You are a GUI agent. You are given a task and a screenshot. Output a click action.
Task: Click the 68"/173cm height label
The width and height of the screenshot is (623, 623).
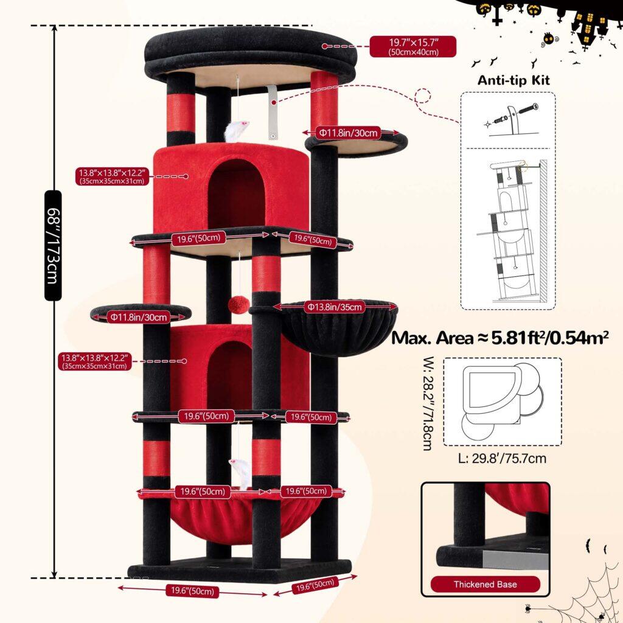coord(54,245)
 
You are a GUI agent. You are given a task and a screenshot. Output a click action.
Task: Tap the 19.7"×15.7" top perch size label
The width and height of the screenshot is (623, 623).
coord(413,46)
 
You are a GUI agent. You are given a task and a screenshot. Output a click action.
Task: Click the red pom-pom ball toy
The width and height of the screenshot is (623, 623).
coord(238,304)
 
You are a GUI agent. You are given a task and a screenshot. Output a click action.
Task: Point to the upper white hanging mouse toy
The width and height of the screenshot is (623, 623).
coord(236,131)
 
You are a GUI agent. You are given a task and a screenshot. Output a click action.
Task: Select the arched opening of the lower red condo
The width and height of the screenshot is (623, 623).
coord(229,375)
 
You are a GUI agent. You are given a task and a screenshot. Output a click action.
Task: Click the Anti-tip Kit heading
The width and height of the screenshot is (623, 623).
coord(513,80)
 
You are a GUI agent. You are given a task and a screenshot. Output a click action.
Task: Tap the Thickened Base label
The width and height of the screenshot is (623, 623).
coord(485,585)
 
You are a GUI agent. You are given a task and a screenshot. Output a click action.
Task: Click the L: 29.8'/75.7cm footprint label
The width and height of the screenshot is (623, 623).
coord(502,459)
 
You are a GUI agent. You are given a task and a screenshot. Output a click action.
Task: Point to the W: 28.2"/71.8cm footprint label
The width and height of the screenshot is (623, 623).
coord(427,403)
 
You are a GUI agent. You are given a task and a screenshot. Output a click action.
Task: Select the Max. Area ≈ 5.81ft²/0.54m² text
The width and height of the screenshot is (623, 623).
coord(500,338)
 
